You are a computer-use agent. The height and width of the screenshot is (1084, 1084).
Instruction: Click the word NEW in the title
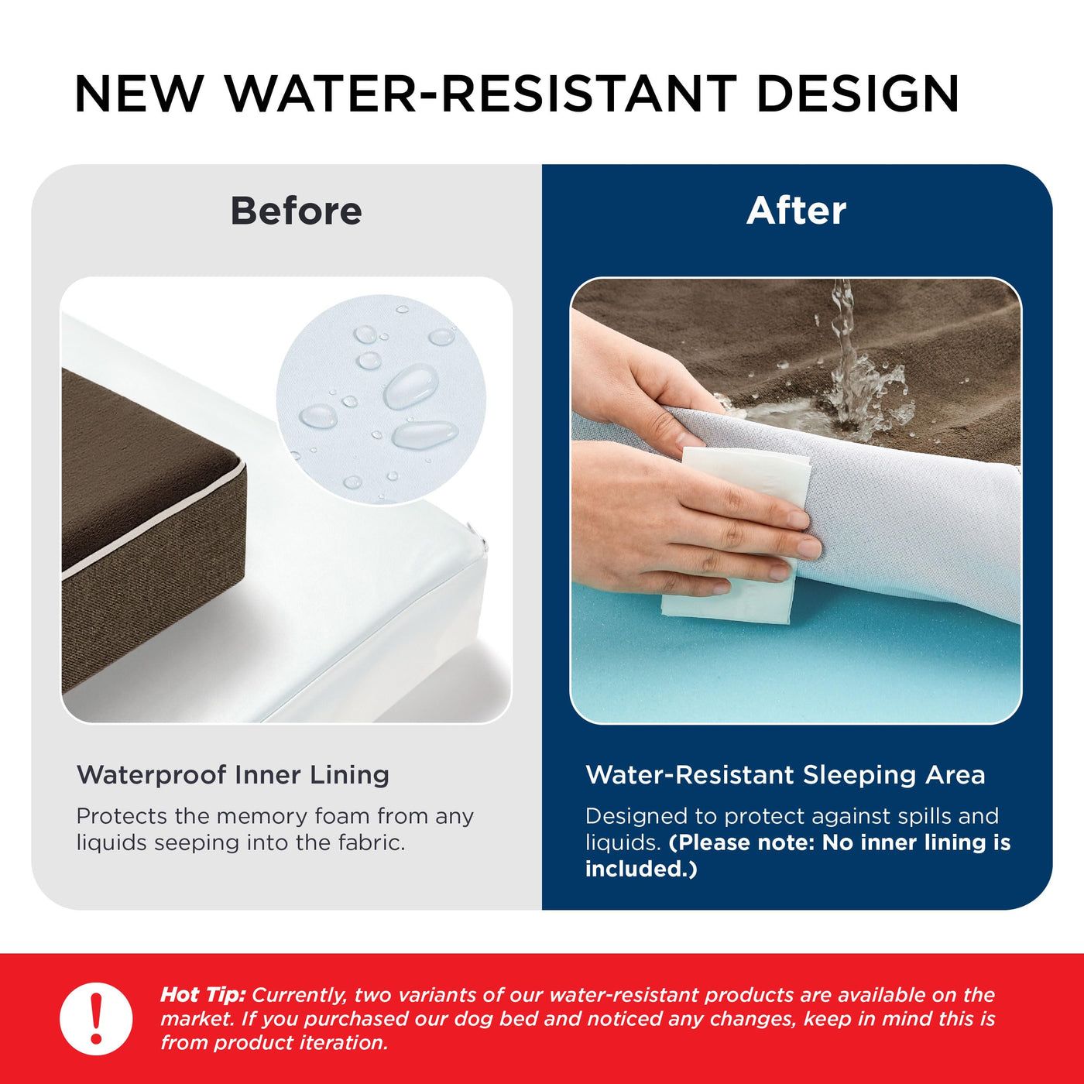click(x=139, y=94)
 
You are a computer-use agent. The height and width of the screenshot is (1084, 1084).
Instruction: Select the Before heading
click(x=296, y=211)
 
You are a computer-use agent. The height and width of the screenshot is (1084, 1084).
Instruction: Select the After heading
click(x=796, y=211)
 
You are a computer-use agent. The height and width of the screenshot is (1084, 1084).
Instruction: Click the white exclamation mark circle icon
click(x=96, y=1018)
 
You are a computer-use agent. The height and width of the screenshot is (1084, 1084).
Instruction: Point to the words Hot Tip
click(x=203, y=995)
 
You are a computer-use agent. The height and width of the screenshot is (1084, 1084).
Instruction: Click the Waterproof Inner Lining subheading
click(x=233, y=774)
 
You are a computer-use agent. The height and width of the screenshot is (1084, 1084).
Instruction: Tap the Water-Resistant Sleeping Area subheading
click(x=785, y=774)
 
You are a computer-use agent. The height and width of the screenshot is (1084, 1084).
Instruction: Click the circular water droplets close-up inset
click(x=381, y=399)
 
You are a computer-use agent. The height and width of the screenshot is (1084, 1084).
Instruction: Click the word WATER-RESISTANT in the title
click(x=480, y=94)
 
